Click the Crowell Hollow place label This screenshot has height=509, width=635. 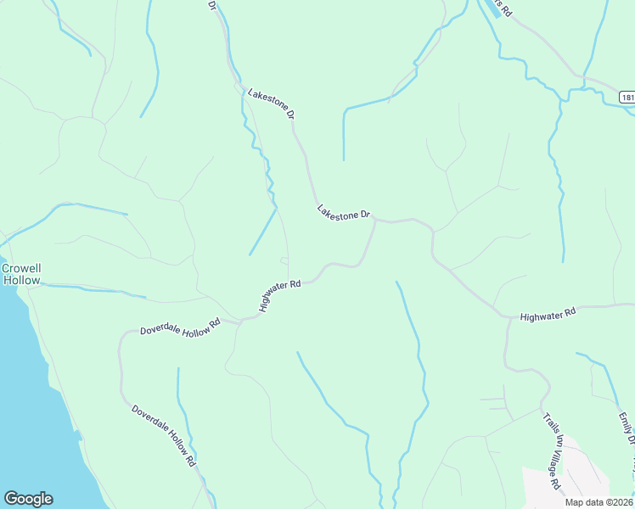tap(21, 274)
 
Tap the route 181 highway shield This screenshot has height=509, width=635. tap(627, 98)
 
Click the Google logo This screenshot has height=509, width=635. tap(28, 499)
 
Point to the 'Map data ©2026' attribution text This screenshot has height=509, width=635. tap(598, 501)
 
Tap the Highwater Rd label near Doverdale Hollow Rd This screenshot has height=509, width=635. tap(280, 297)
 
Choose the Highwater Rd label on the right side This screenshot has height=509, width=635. tap(548, 314)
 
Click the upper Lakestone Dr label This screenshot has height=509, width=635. tap(271, 102)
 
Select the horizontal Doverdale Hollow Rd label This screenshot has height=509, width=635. tap(180, 327)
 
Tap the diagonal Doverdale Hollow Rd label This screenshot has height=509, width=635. tap(164, 435)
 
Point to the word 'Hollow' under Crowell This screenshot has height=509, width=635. tap(21, 280)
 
